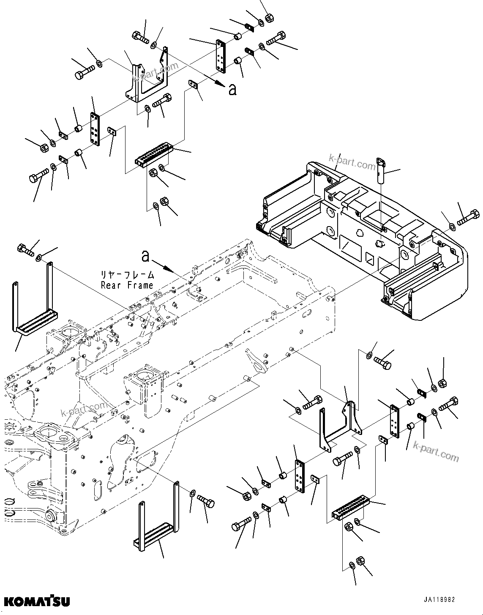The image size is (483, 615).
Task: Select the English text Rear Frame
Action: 127,285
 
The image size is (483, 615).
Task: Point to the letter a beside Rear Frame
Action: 145,256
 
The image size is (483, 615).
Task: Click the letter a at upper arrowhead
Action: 232,89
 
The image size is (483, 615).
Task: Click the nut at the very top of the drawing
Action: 269,19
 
